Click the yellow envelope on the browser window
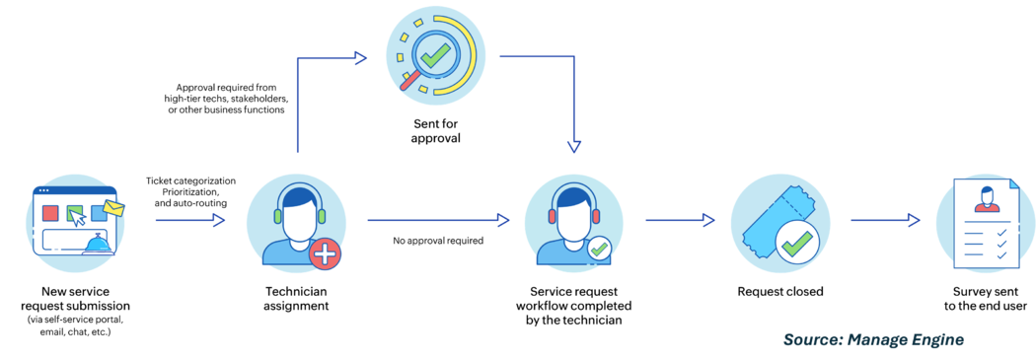pyautogui.click(x=114, y=209)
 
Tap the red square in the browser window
pyautogui.click(x=50, y=213)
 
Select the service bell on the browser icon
pyautogui.click(x=98, y=243)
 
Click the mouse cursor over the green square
pyautogui.click(x=77, y=217)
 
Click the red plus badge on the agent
pyautogui.click(x=326, y=255)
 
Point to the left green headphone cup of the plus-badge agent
pyautogui.click(x=277, y=216)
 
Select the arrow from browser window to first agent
pyautogui.click(x=189, y=220)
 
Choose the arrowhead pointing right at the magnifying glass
pyautogui.click(x=361, y=57)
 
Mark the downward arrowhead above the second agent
pyautogui.click(x=573, y=145)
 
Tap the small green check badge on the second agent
pyautogui.click(x=599, y=251)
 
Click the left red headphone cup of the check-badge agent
pyautogui.click(x=555, y=215)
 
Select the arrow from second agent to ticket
pyautogui.click(x=680, y=220)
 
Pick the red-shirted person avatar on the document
pyautogui.click(x=985, y=200)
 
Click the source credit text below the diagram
pyautogui.click(x=873, y=339)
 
